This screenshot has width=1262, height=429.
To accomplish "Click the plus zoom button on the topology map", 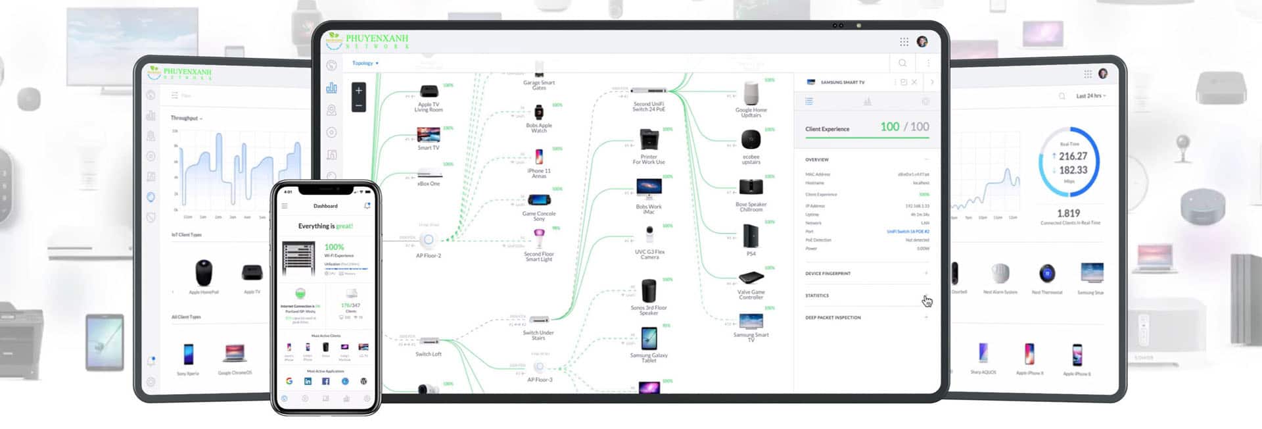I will [x=359, y=91].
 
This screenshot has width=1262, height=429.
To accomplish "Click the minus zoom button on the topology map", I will [x=359, y=105].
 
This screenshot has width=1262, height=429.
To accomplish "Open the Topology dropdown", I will [x=365, y=63].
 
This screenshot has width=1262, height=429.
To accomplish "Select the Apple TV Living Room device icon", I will [x=429, y=91].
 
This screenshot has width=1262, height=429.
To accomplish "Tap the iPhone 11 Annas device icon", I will [x=539, y=157].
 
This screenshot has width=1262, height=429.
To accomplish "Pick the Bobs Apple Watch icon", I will [x=539, y=113].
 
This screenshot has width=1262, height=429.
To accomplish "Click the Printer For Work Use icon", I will [x=649, y=139].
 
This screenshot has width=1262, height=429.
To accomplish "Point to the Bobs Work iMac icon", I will [x=649, y=189].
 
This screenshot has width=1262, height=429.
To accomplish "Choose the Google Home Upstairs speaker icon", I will [x=751, y=93].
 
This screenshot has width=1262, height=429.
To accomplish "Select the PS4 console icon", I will [x=751, y=236].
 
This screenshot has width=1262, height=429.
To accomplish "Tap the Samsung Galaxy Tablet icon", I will [x=649, y=339].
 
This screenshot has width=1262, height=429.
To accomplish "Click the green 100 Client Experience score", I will [x=889, y=127].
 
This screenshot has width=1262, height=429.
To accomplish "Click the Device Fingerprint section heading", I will [x=828, y=274].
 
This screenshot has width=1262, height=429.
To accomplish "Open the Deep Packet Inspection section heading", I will [x=833, y=318].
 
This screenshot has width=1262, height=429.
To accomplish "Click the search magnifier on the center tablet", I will [x=902, y=63].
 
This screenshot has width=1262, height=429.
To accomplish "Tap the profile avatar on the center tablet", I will [x=922, y=41].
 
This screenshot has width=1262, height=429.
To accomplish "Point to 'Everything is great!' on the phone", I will [x=325, y=226].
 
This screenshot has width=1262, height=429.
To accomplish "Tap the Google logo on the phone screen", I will [x=289, y=381].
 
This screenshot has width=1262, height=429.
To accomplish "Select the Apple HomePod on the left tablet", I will [x=204, y=272].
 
